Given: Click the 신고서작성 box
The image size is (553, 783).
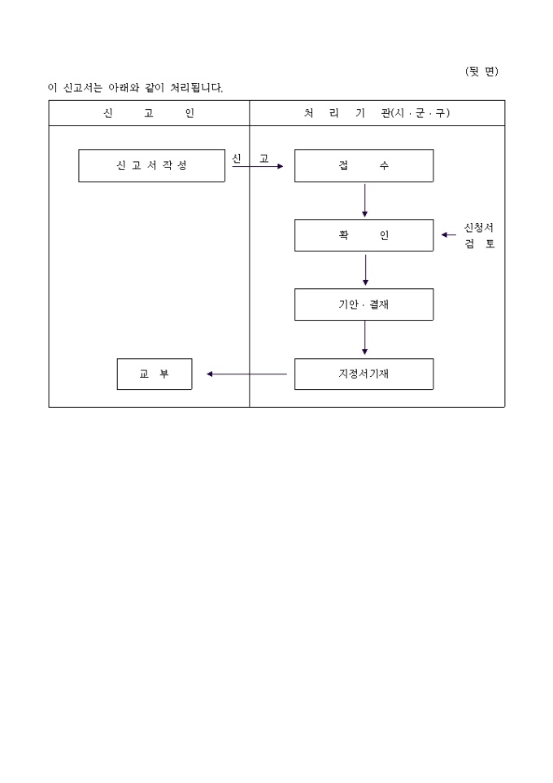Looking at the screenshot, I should (x=151, y=165).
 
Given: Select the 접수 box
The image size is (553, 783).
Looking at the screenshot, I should (x=364, y=165).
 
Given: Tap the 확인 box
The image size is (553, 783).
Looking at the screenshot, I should (x=364, y=235).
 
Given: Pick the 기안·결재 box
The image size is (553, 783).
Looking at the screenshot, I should (x=364, y=304).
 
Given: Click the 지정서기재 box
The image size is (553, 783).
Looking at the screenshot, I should (x=364, y=374).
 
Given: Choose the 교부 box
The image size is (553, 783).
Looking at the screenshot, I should (x=155, y=374).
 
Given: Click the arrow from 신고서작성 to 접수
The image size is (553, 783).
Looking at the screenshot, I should (x=258, y=166).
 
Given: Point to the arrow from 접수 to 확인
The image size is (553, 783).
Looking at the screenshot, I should (x=364, y=200).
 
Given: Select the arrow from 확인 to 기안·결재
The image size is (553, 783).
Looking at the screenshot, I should (x=364, y=269).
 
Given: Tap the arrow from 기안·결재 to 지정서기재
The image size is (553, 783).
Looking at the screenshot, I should (x=364, y=339).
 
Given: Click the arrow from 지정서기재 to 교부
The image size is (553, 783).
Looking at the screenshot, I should (x=247, y=374).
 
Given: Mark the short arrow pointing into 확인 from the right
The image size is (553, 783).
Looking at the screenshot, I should (x=448, y=235).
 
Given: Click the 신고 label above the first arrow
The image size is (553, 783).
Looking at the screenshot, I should (x=250, y=158).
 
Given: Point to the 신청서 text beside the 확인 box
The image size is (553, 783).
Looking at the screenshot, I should (x=478, y=228).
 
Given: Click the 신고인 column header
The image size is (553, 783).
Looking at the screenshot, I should (x=149, y=113).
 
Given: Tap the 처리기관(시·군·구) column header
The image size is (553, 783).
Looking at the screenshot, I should (x=377, y=113).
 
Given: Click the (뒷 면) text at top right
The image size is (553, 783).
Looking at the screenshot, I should (x=481, y=72).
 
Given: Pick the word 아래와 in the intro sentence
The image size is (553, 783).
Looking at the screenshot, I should (x=124, y=87).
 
